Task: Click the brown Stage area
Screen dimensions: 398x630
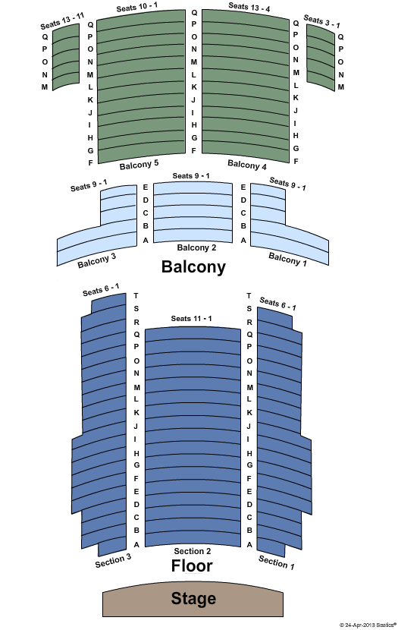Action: [x=193, y=599]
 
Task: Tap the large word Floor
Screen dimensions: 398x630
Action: [x=192, y=565]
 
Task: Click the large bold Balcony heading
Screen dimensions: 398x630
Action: [x=193, y=266]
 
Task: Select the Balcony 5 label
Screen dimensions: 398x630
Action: [x=139, y=165]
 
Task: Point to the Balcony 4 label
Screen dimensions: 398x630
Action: [x=247, y=165]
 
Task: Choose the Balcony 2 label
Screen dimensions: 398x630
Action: [x=196, y=247]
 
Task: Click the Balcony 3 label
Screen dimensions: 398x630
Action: [x=97, y=260]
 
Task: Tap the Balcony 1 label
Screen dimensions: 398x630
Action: [x=287, y=259]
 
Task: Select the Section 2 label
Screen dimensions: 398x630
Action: [x=193, y=551]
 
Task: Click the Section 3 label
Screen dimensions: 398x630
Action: [x=113, y=560]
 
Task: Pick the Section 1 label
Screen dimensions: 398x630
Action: [x=277, y=562]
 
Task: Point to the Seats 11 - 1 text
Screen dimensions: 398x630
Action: [x=191, y=319]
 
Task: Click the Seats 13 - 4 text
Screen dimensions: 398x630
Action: [x=249, y=7]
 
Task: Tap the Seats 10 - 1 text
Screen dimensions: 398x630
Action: [x=136, y=7]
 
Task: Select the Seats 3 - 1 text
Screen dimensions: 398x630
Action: [x=321, y=21]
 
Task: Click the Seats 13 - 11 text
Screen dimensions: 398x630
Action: [x=62, y=21]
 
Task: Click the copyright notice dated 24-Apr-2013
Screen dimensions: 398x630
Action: [x=368, y=625]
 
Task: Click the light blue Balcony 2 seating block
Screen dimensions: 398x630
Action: [x=193, y=213]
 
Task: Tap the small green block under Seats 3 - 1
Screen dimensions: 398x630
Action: [x=321, y=58]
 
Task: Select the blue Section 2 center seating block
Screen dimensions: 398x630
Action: [x=193, y=437]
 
